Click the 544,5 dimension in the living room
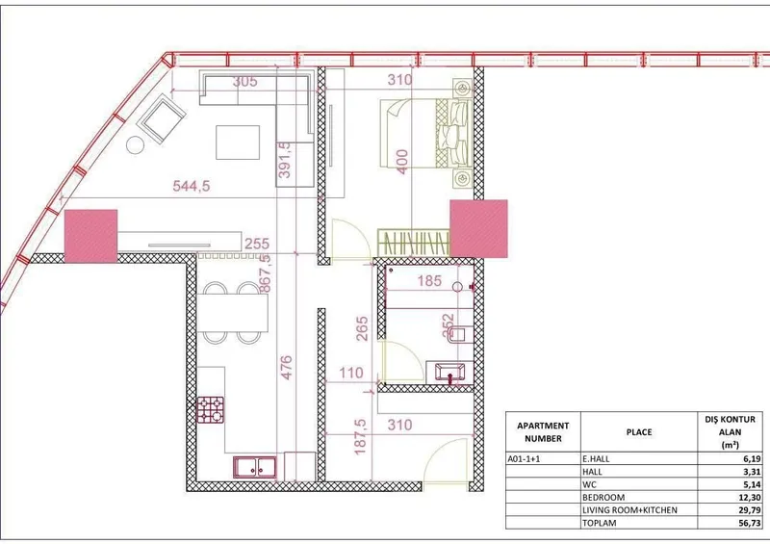pyautogui.click(x=191, y=186)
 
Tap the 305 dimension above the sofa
pyautogui.click(x=244, y=81)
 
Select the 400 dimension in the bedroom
pyautogui.click(x=401, y=162)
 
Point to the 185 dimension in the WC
pyautogui.click(x=429, y=280)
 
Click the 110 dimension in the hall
pyautogui.click(x=350, y=373)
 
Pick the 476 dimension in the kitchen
pyautogui.click(x=286, y=368)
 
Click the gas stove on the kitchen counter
pyautogui.click(x=211, y=410)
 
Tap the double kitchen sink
pyautogui.click(x=255, y=467)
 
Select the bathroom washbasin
pyautogui.click(x=449, y=373)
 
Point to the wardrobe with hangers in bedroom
pyautogui.click(x=414, y=243)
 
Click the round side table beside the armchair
pyautogui.click(x=135, y=145)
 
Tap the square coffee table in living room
pyautogui.click(x=238, y=142)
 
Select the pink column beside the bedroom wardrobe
pyautogui.click(x=478, y=228)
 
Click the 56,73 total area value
pyautogui.click(x=750, y=523)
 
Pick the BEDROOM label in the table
pyautogui.click(x=603, y=498)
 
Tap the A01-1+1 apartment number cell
pyautogui.click(x=524, y=459)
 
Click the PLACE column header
pyautogui.click(x=639, y=432)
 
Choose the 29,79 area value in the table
pyautogui.click(x=750, y=510)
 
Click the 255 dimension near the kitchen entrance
pyautogui.click(x=257, y=244)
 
